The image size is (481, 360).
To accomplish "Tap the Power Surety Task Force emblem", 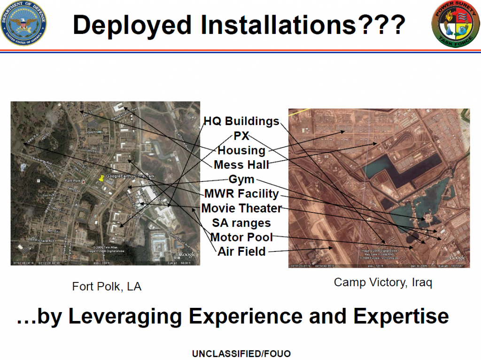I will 454,23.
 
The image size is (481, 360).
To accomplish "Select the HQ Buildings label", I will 241,121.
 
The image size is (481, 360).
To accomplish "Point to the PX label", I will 241,136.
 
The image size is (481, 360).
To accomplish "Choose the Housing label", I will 241,150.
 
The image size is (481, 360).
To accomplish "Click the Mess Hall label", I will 241,165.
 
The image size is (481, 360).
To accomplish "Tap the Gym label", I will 241,180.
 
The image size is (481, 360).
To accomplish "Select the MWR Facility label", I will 241,194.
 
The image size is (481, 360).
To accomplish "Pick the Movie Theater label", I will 241,208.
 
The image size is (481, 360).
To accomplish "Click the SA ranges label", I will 241,222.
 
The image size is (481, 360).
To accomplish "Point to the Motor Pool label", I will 241,237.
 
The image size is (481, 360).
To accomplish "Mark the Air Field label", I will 241,251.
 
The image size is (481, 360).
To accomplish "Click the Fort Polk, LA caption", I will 107,286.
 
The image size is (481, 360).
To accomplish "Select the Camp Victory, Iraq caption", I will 383,282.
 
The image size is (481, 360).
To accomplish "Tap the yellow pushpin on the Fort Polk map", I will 101,178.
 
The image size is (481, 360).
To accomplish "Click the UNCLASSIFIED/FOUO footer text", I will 240,353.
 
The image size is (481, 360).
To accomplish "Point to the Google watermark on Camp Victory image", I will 457,258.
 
